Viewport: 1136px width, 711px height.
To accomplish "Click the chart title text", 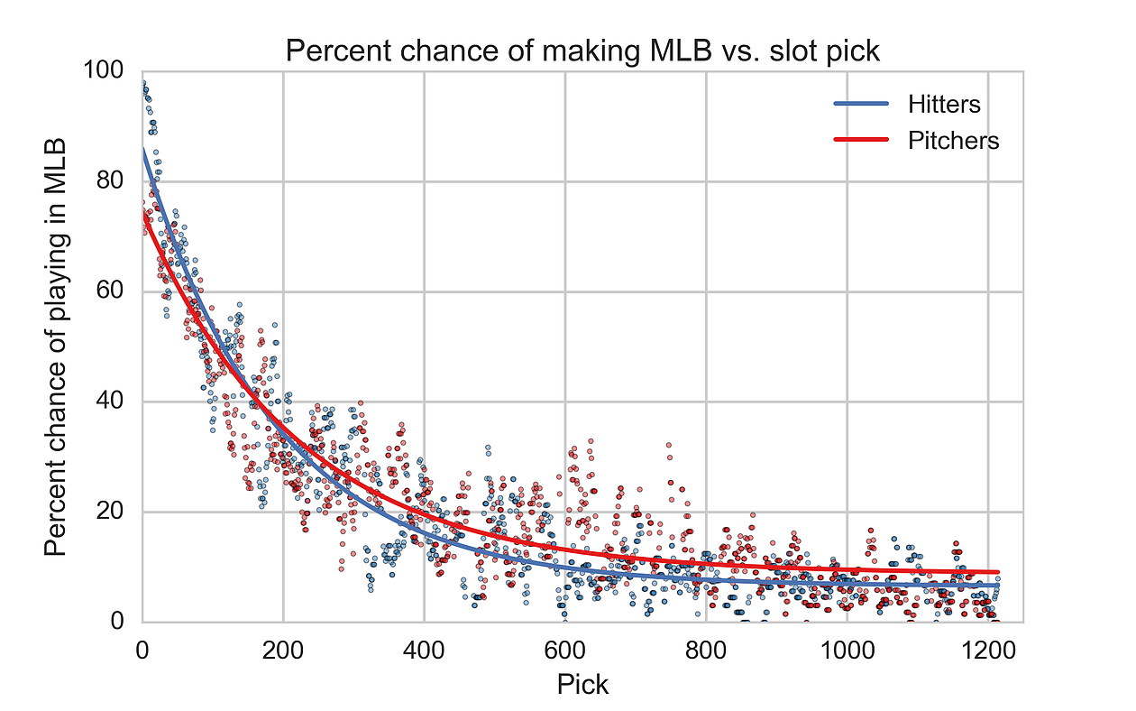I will [x=582, y=51].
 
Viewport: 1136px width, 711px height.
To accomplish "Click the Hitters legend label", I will [x=944, y=105].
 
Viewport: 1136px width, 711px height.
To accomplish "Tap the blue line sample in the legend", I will [x=861, y=105].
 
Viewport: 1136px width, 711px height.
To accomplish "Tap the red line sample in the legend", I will [x=861, y=141].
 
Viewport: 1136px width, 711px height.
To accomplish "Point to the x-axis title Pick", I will [x=582, y=685].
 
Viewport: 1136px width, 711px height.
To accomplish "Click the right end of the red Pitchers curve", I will [x=998, y=572].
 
